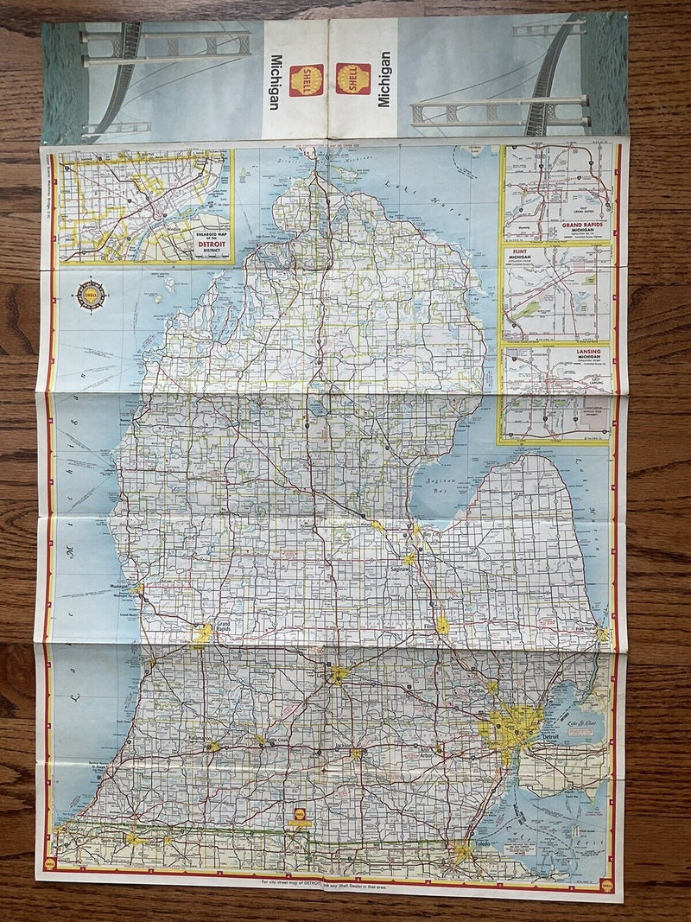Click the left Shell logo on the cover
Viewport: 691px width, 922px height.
tap(307, 79)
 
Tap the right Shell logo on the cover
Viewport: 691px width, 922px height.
tap(353, 79)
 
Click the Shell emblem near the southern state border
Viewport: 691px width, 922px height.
tap(299, 815)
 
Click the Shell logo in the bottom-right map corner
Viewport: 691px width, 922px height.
tap(608, 885)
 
